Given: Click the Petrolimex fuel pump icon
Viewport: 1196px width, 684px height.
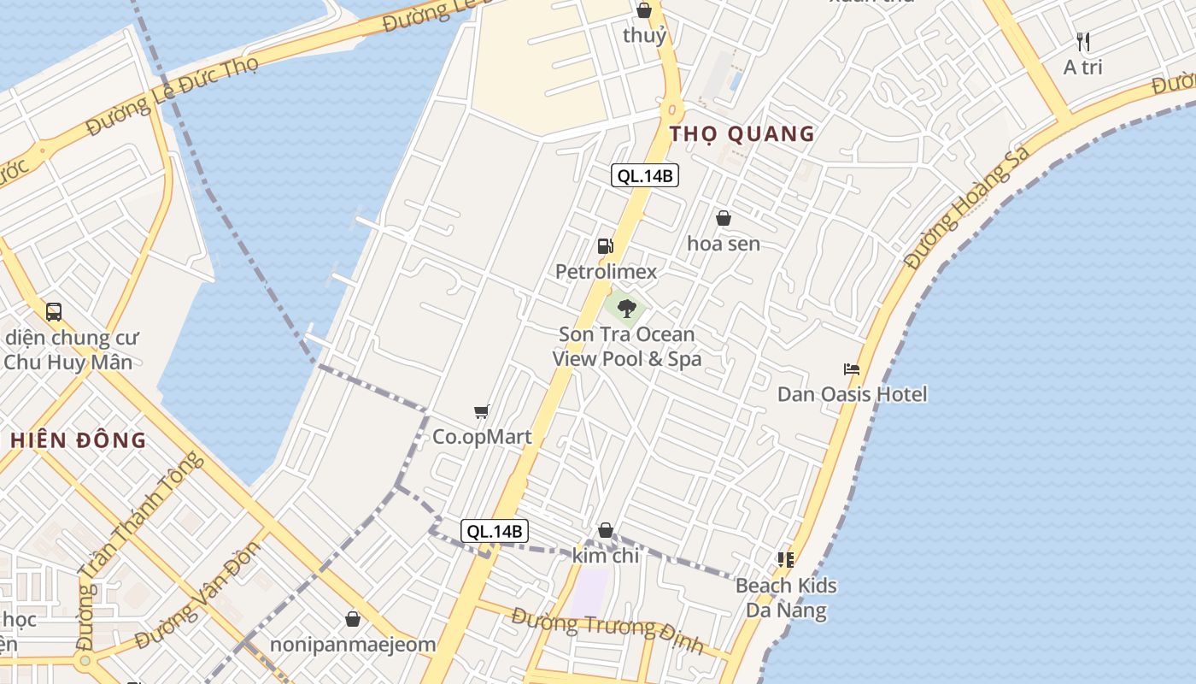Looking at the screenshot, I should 605,246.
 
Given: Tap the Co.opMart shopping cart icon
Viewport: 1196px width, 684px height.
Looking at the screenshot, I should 482,412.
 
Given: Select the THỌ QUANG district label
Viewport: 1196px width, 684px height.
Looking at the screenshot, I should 742,133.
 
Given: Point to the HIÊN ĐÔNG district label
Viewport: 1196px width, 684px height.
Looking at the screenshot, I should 79,440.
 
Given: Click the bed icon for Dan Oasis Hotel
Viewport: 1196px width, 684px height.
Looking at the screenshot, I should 851,369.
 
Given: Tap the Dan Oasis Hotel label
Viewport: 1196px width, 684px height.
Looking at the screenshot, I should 852,394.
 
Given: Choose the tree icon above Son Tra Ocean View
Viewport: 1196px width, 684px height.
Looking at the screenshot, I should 627,308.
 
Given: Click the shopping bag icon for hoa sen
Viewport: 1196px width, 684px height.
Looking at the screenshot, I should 724,219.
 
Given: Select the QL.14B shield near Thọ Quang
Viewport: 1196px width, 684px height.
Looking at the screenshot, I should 645,176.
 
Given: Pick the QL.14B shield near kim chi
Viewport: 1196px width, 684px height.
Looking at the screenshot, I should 495,531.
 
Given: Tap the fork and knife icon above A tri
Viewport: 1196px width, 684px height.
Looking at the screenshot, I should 1083,41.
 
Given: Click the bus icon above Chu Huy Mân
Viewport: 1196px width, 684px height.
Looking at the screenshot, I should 54,312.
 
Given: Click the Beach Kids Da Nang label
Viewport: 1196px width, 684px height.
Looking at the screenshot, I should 786,598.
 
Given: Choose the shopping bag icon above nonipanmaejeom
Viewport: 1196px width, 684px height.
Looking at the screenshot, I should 353,619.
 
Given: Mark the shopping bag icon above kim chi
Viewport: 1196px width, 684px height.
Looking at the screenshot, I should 606,531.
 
